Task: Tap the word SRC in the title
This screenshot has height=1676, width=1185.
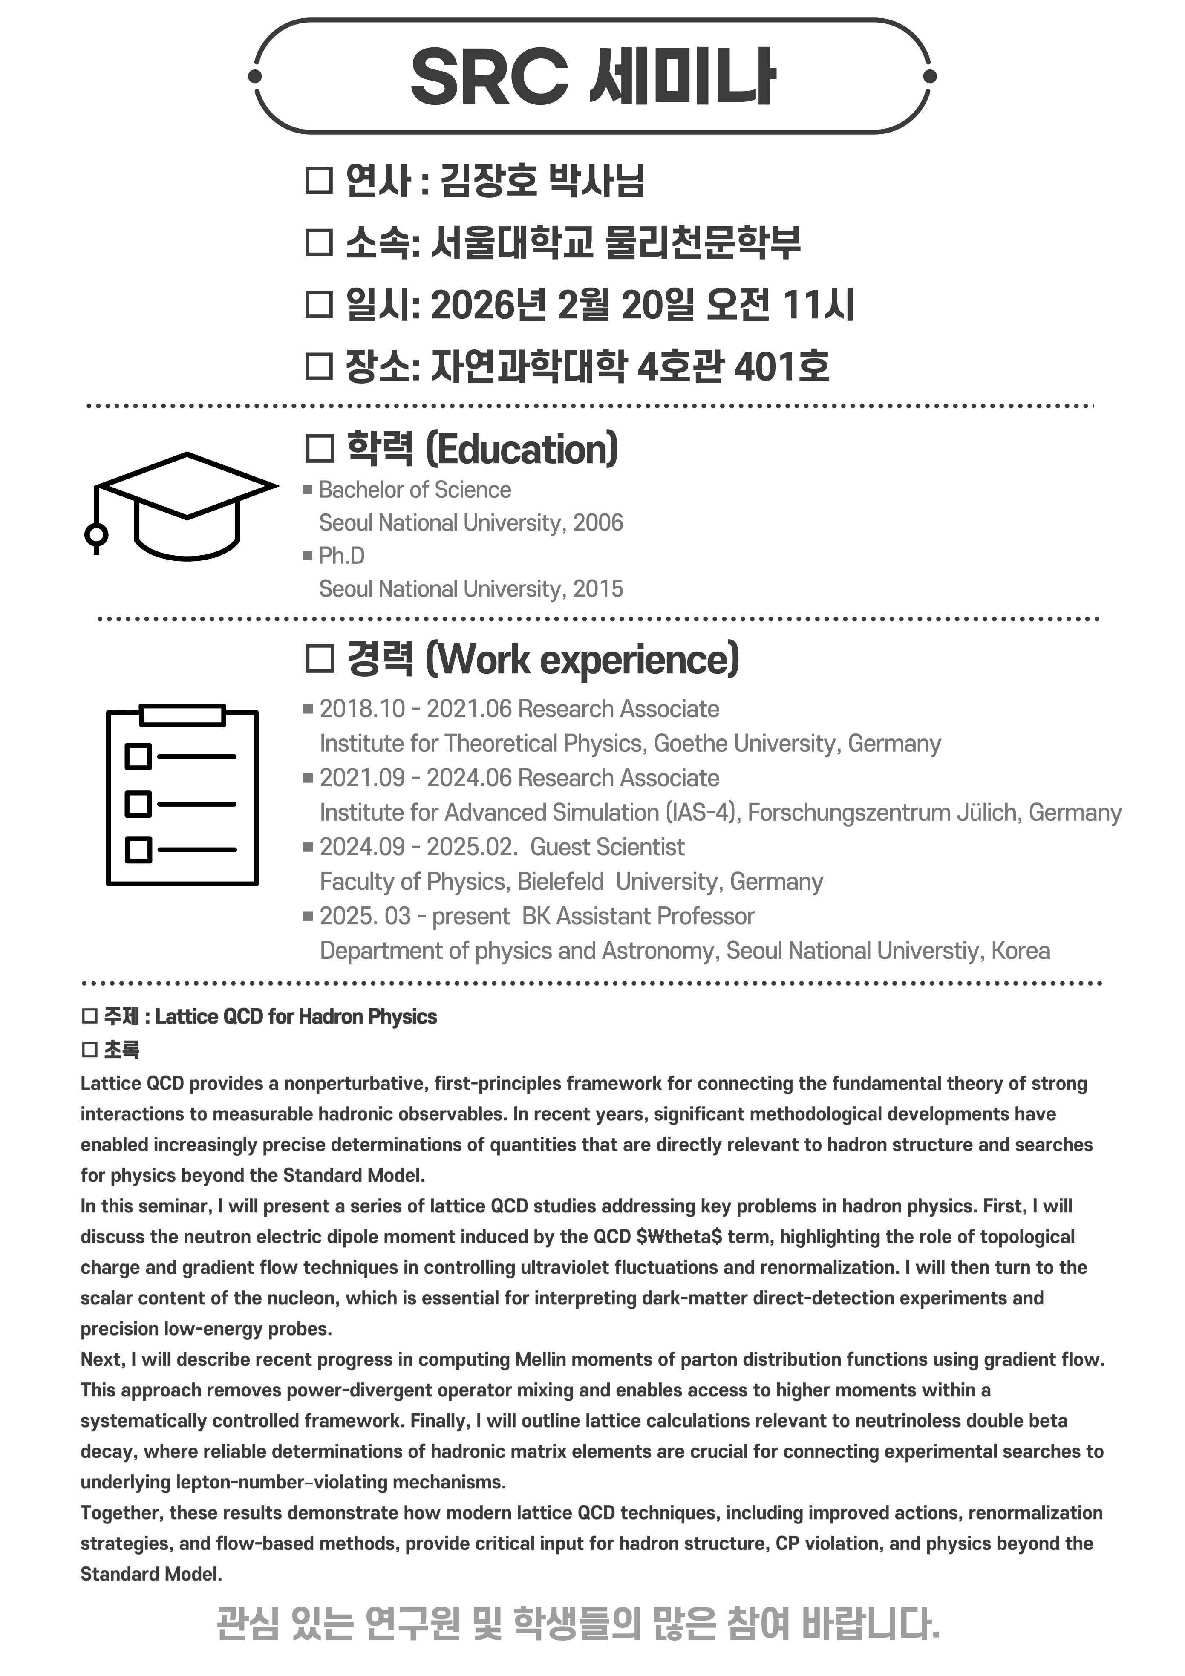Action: point(489,77)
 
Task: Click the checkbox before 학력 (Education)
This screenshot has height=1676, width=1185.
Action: point(319,449)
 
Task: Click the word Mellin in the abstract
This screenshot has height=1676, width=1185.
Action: point(544,1359)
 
